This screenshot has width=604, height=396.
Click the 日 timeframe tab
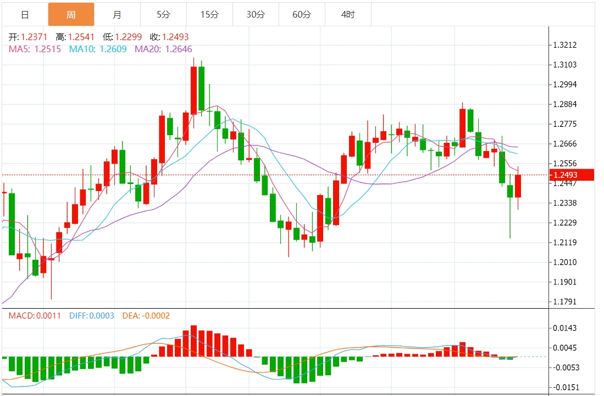point(25,15)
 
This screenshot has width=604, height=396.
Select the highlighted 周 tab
point(71,15)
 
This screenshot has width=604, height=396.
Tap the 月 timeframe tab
point(117,15)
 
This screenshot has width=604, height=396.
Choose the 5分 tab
point(163,15)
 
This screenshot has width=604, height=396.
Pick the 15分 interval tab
point(209,15)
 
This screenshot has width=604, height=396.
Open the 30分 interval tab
point(256,15)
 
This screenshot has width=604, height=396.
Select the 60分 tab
point(302,15)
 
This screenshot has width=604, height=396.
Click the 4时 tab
point(348,15)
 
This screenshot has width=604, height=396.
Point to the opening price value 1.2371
point(34,37)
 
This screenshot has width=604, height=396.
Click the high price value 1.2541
point(81,37)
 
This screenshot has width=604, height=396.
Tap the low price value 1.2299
point(128,37)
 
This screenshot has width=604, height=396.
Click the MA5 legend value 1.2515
point(48,49)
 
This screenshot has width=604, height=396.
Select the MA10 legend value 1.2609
point(113,49)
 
